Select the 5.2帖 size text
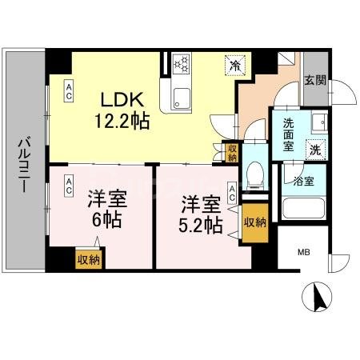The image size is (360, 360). [x=200, y=226]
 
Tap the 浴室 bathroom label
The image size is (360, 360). [x=303, y=182]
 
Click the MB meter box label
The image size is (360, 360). [x=305, y=253]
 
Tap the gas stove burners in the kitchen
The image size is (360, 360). [x=182, y=65]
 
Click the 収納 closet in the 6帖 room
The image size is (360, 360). [x=89, y=258]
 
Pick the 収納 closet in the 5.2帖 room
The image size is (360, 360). [x=255, y=221]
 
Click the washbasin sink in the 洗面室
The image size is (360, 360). [x=318, y=124]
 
